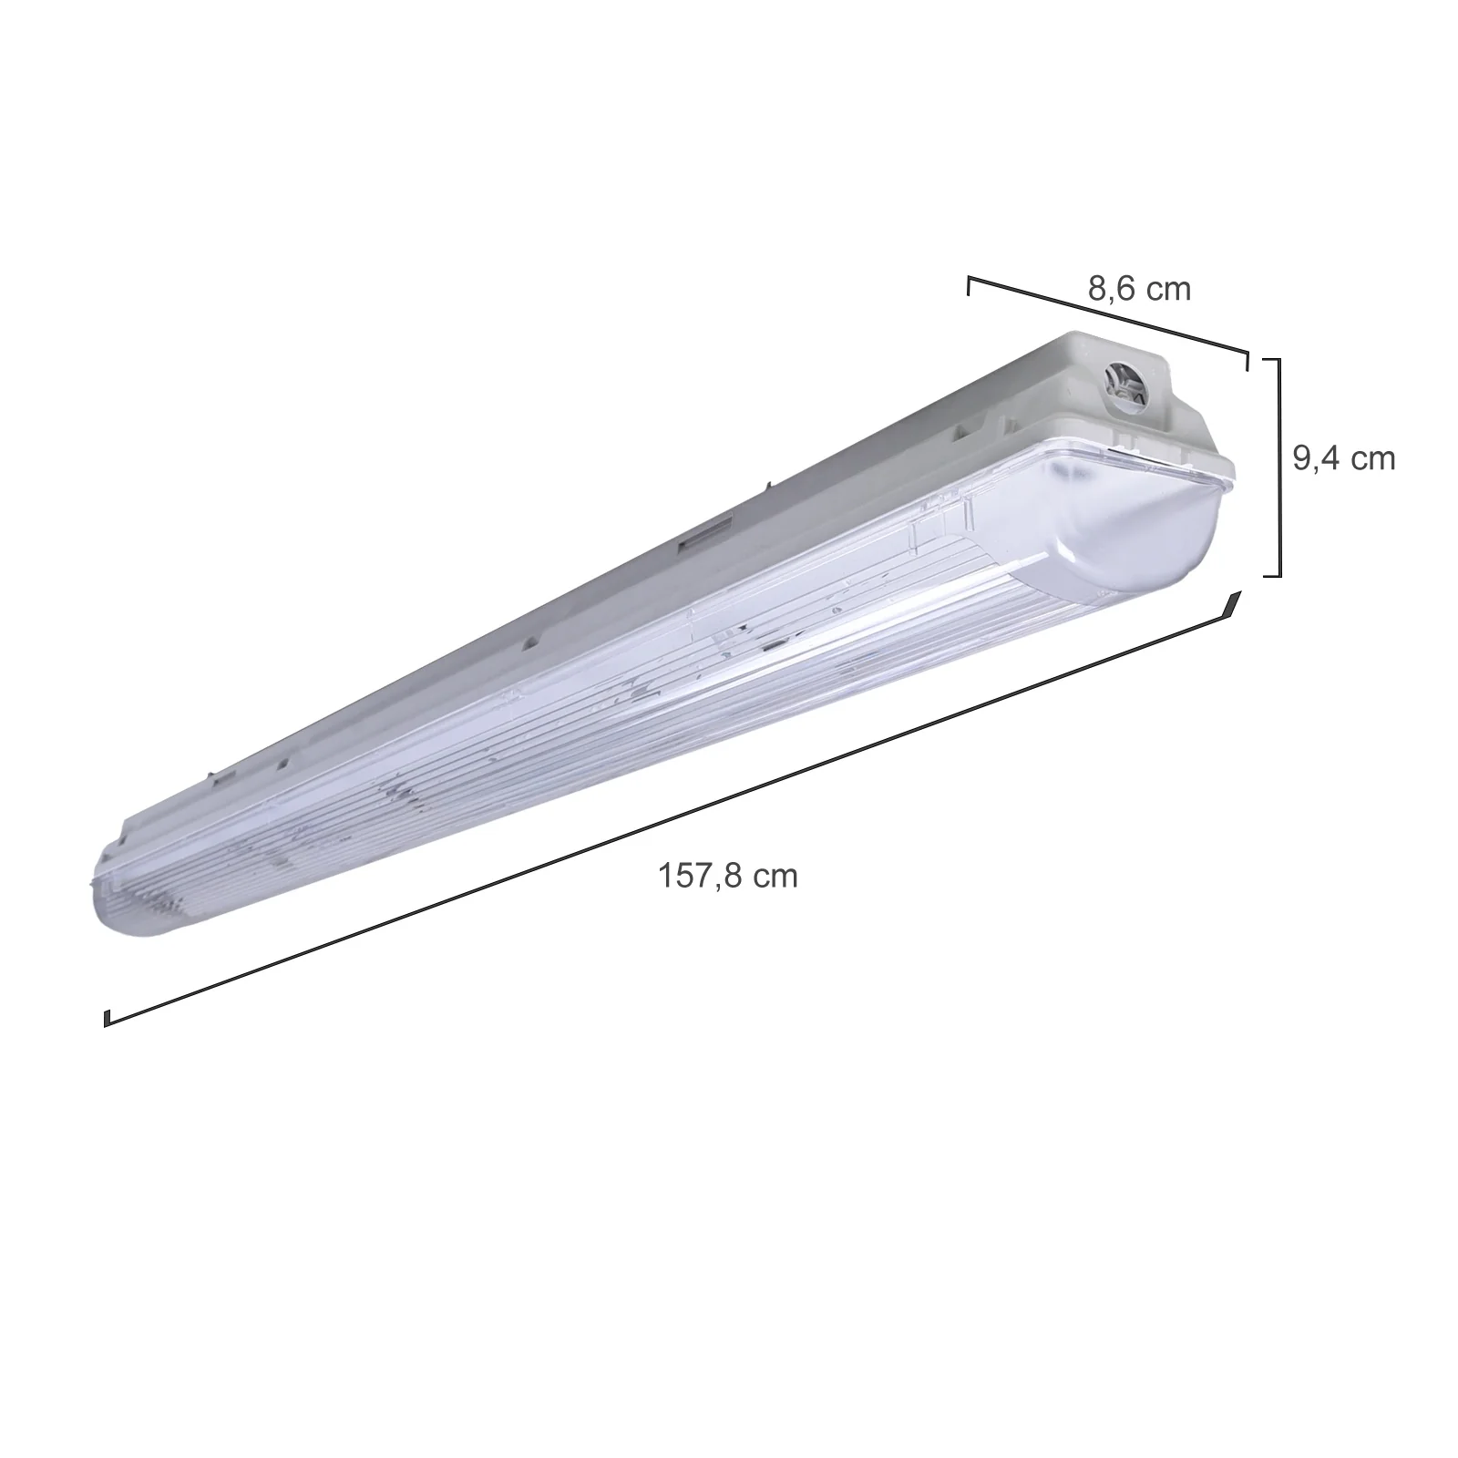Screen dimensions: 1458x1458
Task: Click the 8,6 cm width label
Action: (x=1139, y=289)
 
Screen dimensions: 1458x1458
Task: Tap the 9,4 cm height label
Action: (x=1344, y=458)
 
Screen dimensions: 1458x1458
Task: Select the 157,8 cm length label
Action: (x=728, y=876)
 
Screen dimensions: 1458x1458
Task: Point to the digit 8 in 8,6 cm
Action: (x=1096, y=289)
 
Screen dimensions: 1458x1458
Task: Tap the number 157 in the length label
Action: (x=685, y=876)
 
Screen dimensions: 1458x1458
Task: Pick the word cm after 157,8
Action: (x=775, y=878)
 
